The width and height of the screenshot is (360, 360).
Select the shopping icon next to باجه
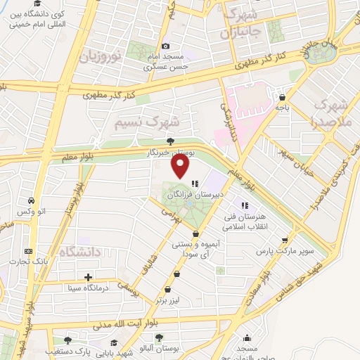[282, 98]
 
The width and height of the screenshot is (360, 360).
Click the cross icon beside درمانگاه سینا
[88, 278]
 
